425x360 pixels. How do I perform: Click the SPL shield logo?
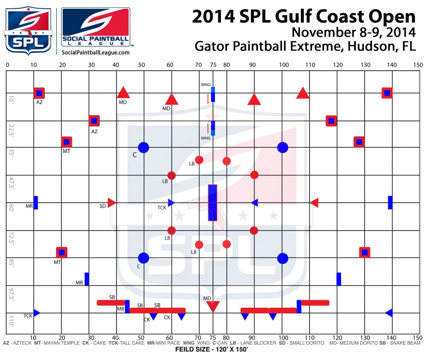pos(28,30)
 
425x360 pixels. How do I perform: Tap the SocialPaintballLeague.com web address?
pos(95,52)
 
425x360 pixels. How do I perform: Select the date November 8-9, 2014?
pos(353,32)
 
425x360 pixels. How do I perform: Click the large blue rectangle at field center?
pos(212,203)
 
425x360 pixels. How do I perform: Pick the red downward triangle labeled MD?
pos(213,307)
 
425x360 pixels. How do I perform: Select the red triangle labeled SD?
pos(111,203)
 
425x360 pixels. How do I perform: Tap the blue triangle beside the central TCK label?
pos(171,203)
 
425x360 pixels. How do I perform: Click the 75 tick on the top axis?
pos(213,65)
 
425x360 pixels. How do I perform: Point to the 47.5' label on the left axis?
pos(12,183)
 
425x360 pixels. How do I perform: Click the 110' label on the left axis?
pos(12,320)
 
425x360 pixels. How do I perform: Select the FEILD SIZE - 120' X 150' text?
pos(212,350)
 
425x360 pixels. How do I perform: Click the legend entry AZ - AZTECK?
pos(17,343)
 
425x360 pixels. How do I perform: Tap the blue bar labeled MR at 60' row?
pos(36,203)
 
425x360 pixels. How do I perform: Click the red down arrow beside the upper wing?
pos(208,98)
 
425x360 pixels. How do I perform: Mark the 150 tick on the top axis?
pos(418,65)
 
